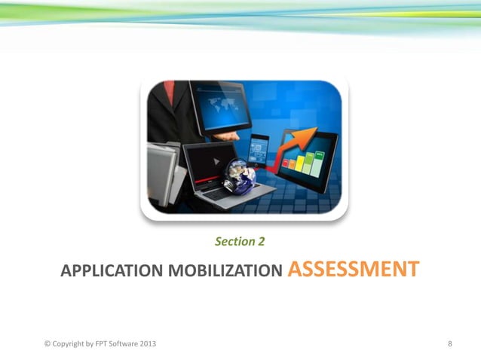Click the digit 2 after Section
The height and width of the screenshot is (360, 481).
coord(261,242)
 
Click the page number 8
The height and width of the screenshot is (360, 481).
coord(450,344)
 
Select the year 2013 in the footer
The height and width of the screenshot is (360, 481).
coord(147,344)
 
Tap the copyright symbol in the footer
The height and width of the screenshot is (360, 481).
coord(47,344)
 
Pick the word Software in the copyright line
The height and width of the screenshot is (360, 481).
coord(124,344)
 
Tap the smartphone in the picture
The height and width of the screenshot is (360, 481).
coord(259,151)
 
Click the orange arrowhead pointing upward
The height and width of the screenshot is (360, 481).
coord(308,135)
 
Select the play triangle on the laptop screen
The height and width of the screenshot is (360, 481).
coord(216,161)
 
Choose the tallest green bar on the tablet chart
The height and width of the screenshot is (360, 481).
coord(320,160)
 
